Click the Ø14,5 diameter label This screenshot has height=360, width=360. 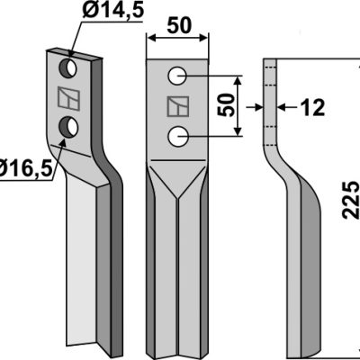pos(113,11)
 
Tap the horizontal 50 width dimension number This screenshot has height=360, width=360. pos(179,25)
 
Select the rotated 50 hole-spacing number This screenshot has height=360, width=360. pos(226,105)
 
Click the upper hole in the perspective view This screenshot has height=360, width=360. pos(68,67)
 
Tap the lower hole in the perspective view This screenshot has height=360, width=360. pos(68,127)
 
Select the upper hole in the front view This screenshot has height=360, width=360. pos(177,76)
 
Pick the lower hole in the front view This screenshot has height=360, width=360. pos(178,137)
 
